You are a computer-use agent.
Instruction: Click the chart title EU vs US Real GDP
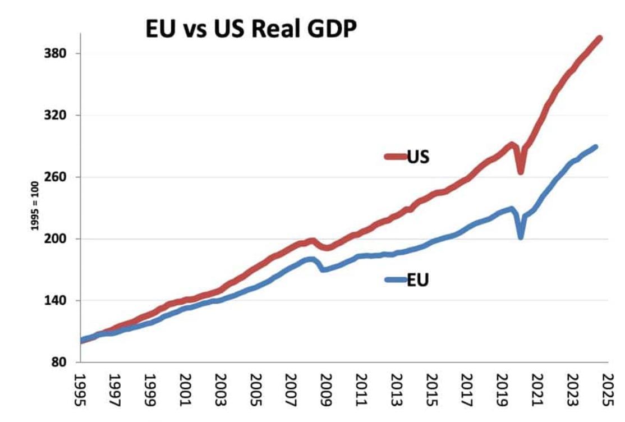click(x=251, y=29)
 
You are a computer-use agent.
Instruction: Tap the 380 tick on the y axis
click(x=55, y=54)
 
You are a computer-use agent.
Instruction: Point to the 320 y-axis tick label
click(x=55, y=116)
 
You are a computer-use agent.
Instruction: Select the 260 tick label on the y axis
click(x=55, y=177)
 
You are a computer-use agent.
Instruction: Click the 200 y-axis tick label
click(x=55, y=239)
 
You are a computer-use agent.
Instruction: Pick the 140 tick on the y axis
click(x=55, y=301)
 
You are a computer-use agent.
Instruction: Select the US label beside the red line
click(x=418, y=156)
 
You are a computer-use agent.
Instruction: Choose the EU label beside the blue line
click(x=418, y=279)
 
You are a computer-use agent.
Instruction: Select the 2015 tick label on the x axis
click(x=430, y=387)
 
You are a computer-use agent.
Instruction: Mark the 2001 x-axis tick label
click(x=186, y=387)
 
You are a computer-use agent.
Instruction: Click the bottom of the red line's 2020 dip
click(x=521, y=172)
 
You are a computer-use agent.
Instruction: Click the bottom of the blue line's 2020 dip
click(x=521, y=237)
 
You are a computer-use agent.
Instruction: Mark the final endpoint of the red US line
click(x=600, y=38)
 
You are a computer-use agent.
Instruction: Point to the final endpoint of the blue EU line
click(x=595, y=147)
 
